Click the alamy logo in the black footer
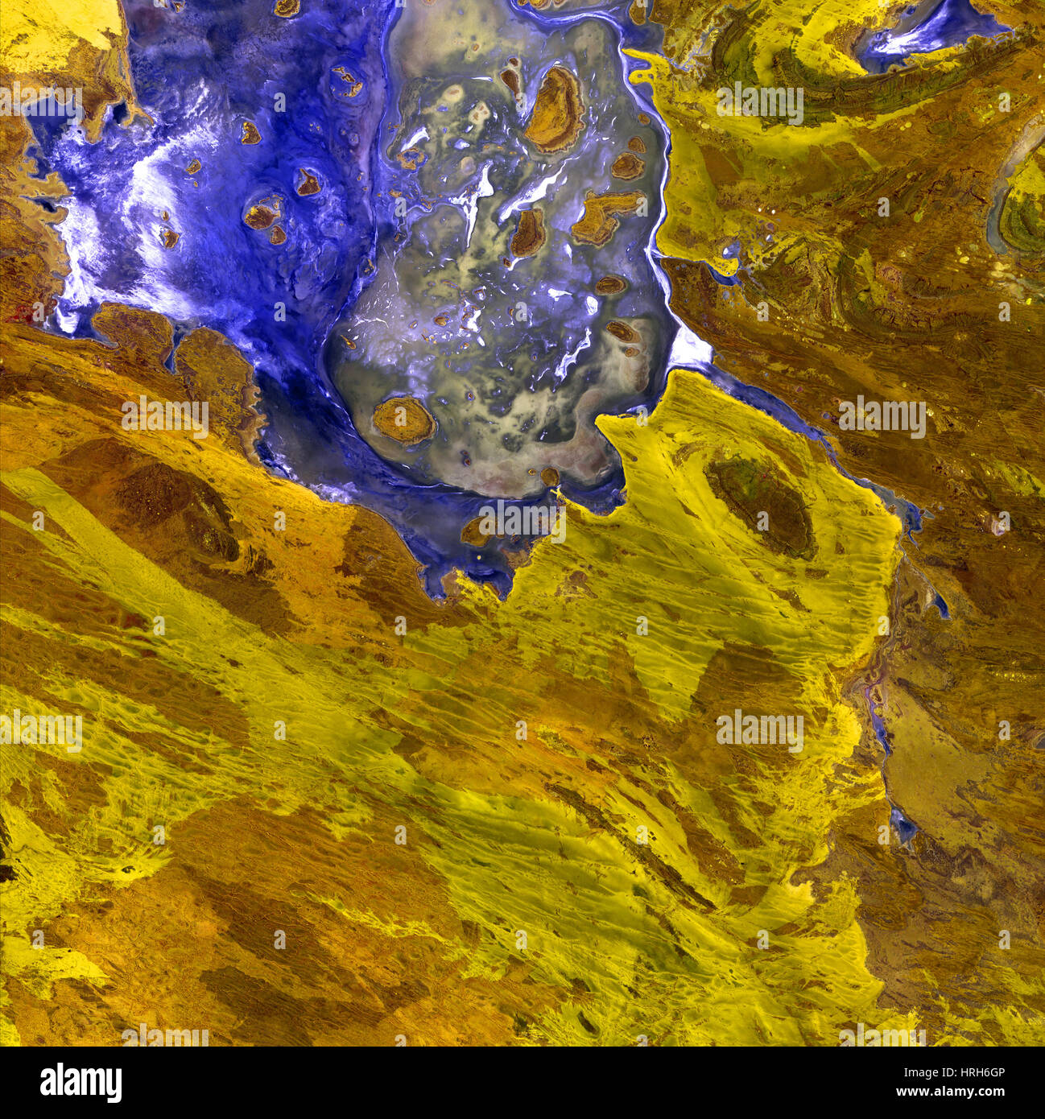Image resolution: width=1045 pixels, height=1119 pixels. pos(81,1082)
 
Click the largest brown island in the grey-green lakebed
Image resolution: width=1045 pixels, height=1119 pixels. pos(555,109)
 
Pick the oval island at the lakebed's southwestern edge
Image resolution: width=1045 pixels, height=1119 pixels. pos(403,419)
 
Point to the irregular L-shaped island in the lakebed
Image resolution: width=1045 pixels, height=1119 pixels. pos(603,215)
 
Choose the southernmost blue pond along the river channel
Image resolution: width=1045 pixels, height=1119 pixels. pos(902,825)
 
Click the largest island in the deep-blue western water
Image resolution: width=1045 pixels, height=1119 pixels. pos(263,213)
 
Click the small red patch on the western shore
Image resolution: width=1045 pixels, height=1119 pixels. pos(36,310)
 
